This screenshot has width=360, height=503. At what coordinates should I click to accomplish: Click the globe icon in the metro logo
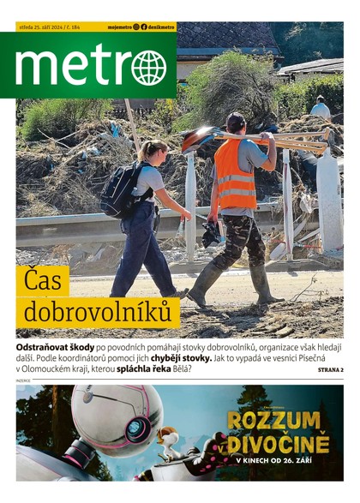pyautogui.click(x=149, y=68)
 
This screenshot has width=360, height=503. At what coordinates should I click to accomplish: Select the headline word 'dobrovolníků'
pyautogui.click(x=97, y=313)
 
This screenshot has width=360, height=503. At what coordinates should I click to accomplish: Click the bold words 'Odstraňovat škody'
pyautogui.click(x=55, y=344)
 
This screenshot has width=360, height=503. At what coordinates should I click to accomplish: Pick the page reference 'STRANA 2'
pyautogui.click(x=330, y=369)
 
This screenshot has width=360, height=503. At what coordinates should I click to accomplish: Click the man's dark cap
pyautogui.click(x=236, y=119)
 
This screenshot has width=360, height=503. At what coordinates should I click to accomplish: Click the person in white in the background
pyautogui.click(x=320, y=107)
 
